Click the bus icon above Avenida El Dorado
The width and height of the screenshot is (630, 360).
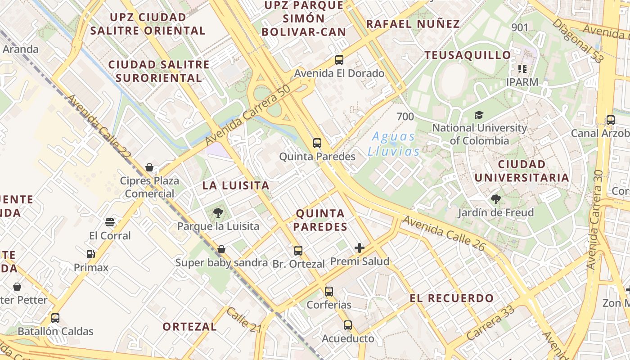(339, 59)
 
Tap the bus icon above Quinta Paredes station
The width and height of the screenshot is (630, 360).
(317, 143)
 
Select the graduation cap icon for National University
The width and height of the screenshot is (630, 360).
(479, 115)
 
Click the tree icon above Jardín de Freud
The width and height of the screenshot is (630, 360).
(495, 199)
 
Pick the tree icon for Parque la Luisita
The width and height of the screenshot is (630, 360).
(218, 212)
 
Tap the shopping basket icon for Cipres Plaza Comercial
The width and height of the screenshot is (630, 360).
(149, 167)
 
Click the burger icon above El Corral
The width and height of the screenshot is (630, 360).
(110, 222)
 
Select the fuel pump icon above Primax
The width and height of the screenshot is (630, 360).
(91, 254)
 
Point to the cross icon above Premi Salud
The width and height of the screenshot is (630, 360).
(360, 247)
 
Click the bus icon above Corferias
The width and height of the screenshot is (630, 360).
(329, 291)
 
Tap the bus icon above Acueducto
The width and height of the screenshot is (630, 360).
(347, 325)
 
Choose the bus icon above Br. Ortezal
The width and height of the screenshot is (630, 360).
(298, 251)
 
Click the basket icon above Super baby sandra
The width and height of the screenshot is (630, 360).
(221, 249)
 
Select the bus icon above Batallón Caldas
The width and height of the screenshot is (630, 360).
(55, 318)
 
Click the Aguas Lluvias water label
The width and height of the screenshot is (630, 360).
(394, 144)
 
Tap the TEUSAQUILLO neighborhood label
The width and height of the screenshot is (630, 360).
(468, 55)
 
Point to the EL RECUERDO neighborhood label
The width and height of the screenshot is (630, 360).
(452, 298)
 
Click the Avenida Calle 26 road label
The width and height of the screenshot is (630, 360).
(443, 233)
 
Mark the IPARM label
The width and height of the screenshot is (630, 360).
(522, 82)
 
